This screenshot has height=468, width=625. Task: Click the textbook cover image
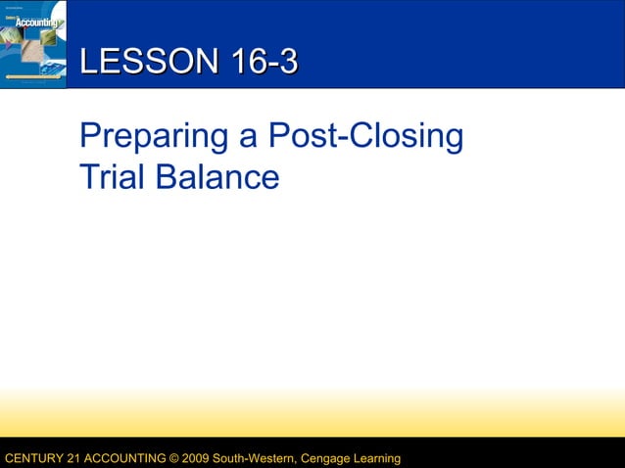click(33, 44)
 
